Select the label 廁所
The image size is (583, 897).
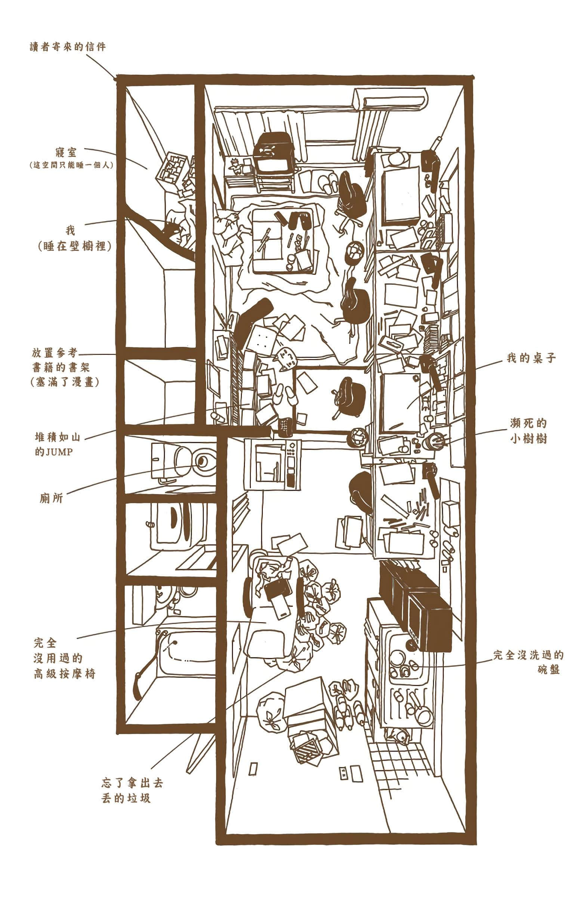pyautogui.click(x=51, y=498)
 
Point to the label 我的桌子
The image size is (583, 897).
pyautogui.click(x=531, y=358)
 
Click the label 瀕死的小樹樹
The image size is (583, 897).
pyautogui.click(x=528, y=431)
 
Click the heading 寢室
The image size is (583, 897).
pyautogui.click(x=66, y=152)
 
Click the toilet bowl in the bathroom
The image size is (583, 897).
pyautogui.click(x=204, y=460)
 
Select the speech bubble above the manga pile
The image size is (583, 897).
pyautogui.click(x=284, y=358)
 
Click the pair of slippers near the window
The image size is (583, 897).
pyautogui.click(x=328, y=183)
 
